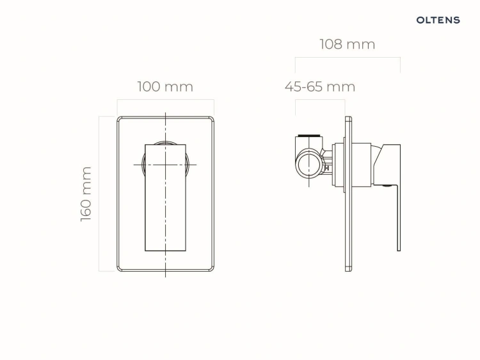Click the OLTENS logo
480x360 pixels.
click(x=438, y=20)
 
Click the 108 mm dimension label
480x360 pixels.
click(x=348, y=44)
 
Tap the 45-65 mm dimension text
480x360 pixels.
click(x=320, y=86)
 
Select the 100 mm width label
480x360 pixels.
click(x=165, y=86)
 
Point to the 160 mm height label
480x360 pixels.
click(x=86, y=194)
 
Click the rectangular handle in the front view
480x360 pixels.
click(x=165, y=198)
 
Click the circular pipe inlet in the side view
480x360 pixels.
click(x=309, y=163)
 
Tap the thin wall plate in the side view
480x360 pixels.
click(x=348, y=193)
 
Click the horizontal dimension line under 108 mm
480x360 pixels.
click(x=348, y=57)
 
